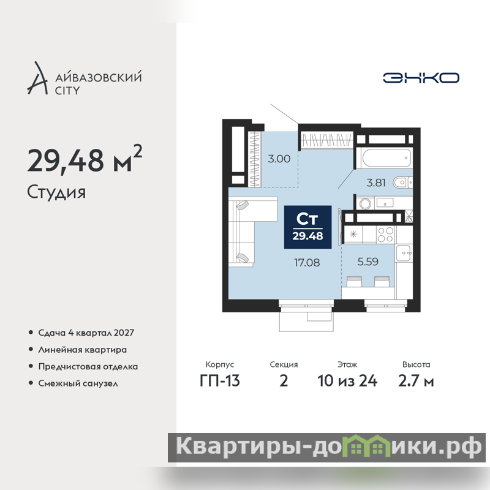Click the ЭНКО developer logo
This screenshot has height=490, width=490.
point(421,78)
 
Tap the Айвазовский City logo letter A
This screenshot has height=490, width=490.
point(37,78)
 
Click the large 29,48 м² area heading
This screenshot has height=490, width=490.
point(85,159)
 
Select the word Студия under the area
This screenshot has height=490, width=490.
point(56,192)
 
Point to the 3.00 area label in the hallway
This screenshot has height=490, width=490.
point(279,159)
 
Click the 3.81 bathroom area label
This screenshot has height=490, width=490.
point(376,183)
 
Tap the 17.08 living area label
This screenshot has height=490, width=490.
point(307,263)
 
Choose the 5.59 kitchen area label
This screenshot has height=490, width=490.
point(368,262)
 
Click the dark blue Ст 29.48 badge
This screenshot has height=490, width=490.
point(308,227)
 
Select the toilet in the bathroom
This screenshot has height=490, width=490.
point(402,182)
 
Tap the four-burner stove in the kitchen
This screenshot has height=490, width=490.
point(385,235)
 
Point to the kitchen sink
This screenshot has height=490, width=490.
point(404,253)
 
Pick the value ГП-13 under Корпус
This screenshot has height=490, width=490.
point(220,381)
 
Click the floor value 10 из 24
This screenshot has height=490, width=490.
point(347,381)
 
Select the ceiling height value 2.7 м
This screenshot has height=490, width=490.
point(416,381)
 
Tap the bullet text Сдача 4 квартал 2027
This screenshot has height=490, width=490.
point(86,333)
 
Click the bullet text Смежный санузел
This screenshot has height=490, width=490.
point(78,383)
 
